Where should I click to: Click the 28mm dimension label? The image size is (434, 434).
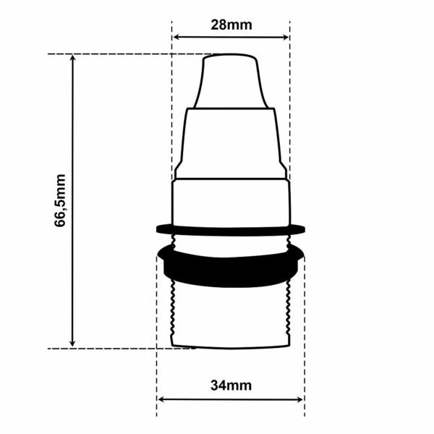pos(231,25)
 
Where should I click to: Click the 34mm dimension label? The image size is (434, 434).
pos(231,386)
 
